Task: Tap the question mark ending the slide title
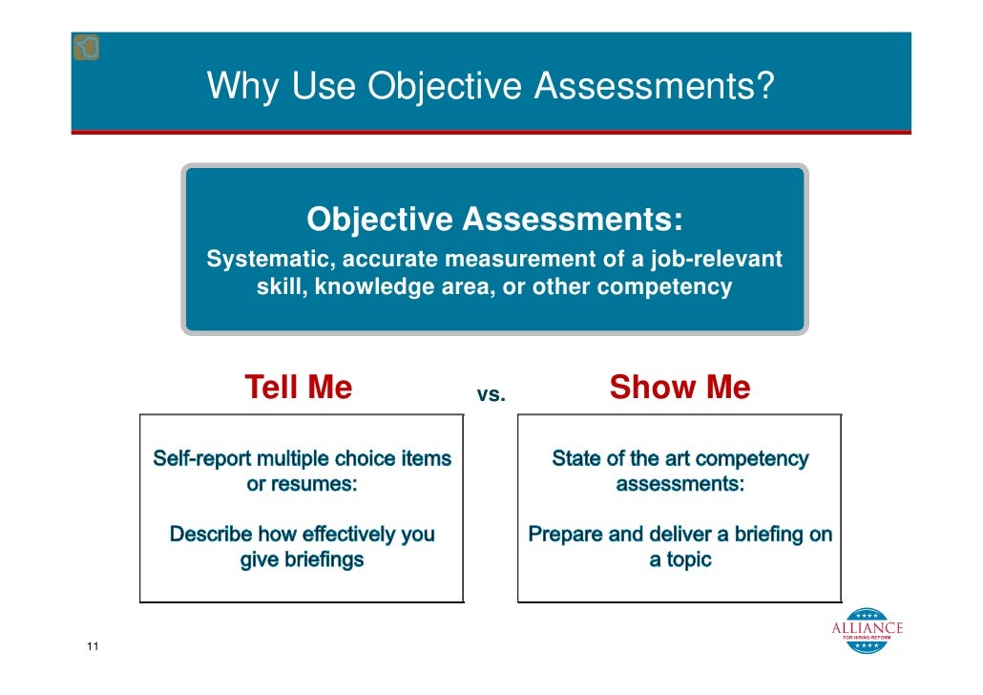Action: [x=763, y=87]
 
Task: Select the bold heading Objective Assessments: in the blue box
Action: [x=494, y=221]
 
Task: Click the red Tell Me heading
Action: [x=299, y=388]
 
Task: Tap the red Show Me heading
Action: [x=680, y=388]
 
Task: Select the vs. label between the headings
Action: [x=491, y=394]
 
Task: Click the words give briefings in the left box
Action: [x=302, y=559]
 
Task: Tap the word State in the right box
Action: [x=575, y=459]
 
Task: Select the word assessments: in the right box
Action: [x=680, y=484]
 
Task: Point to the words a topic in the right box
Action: [x=680, y=559]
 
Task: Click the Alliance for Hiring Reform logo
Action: [x=867, y=630]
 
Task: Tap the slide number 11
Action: [x=93, y=648]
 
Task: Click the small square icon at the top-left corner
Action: [x=86, y=47]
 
